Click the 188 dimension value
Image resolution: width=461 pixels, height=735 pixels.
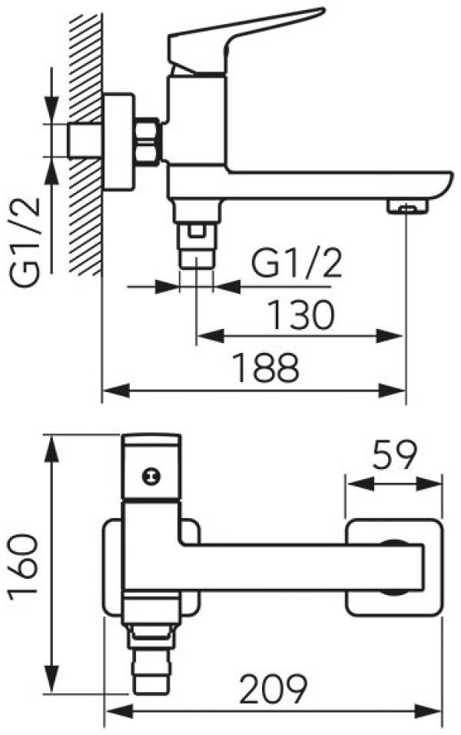266,368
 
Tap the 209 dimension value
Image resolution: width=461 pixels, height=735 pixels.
273,689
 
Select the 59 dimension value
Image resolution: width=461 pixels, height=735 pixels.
394,455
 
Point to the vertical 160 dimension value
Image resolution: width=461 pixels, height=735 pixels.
23,564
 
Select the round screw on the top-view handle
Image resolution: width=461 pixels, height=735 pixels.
151,477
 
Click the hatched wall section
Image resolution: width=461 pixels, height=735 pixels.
85,143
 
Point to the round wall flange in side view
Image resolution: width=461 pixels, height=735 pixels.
118,142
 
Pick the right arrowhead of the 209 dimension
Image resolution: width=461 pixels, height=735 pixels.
429,712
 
